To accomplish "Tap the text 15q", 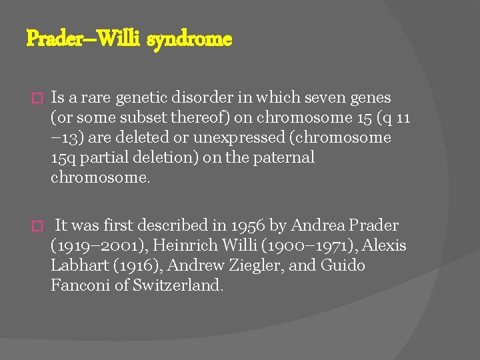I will (x=63, y=158).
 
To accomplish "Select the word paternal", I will (x=286, y=158).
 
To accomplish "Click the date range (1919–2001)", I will (x=92, y=246).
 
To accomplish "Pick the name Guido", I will (x=343, y=266).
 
